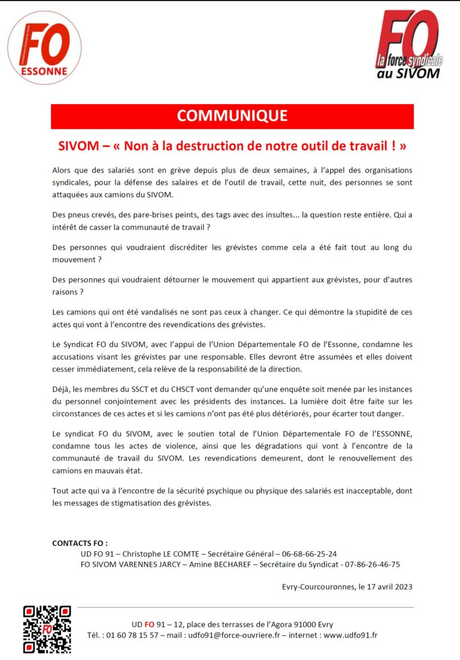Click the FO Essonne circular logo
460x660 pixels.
click(44, 47)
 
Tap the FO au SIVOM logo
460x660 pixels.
click(407, 45)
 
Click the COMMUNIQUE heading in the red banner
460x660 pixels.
click(232, 116)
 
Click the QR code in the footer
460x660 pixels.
click(47, 629)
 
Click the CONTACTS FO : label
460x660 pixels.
click(80, 543)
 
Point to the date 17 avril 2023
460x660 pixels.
click(386, 586)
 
